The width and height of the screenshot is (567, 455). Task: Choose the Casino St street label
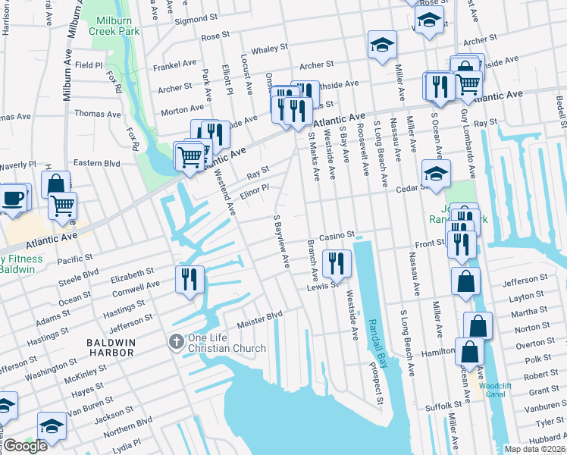(337, 236)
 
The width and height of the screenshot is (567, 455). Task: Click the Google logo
(25, 446)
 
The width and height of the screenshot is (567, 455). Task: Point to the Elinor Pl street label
(255, 190)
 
